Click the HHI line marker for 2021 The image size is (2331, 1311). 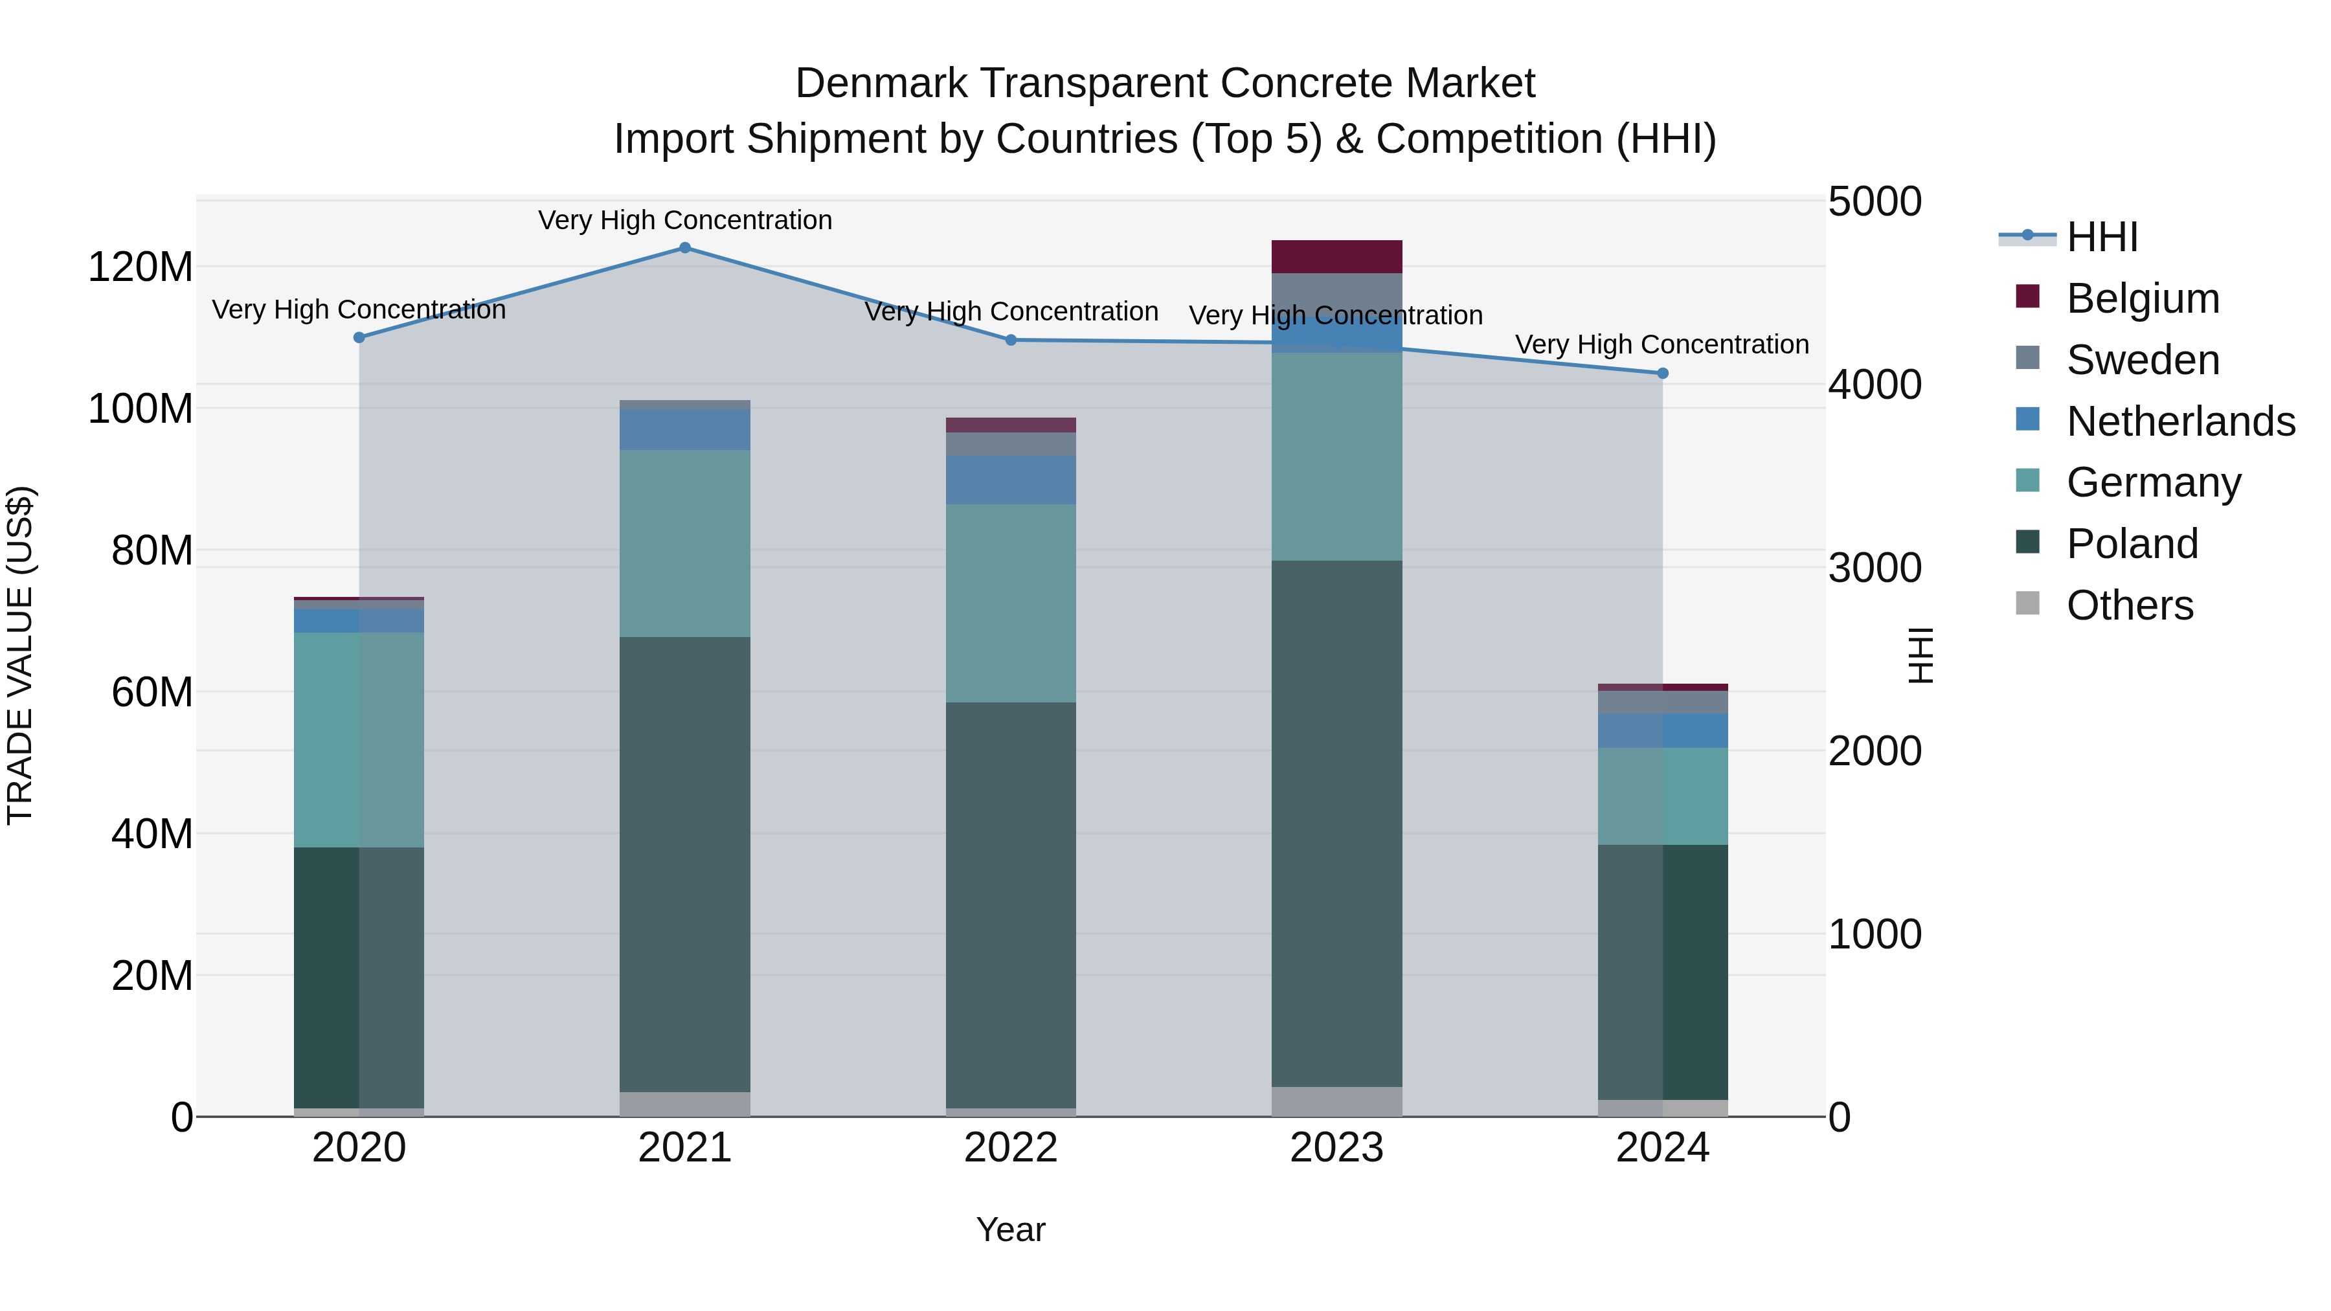(x=685, y=248)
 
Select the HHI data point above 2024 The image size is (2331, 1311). (x=1662, y=374)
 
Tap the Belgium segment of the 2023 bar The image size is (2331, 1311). (x=1336, y=257)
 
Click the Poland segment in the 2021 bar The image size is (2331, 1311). (x=685, y=864)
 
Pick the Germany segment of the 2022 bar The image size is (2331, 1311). (x=1011, y=603)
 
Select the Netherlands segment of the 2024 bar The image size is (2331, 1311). (x=1662, y=730)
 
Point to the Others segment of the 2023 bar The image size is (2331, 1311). (x=1336, y=1101)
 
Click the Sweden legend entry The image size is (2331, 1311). (x=2142, y=360)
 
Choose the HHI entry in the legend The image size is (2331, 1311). (x=2102, y=237)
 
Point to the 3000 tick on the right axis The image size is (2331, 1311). (x=1874, y=568)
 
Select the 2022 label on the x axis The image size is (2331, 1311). (x=1011, y=1148)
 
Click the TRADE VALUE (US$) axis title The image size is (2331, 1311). (x=20, y=655)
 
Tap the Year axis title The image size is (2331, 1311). (x=1011, y=1229)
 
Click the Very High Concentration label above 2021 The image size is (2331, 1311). (x=685, y=220)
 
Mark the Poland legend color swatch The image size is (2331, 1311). (x=2028, y=543)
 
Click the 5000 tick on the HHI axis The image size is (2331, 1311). (x=1874, y=202)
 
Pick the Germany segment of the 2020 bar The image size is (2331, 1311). (x=359, y=739)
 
